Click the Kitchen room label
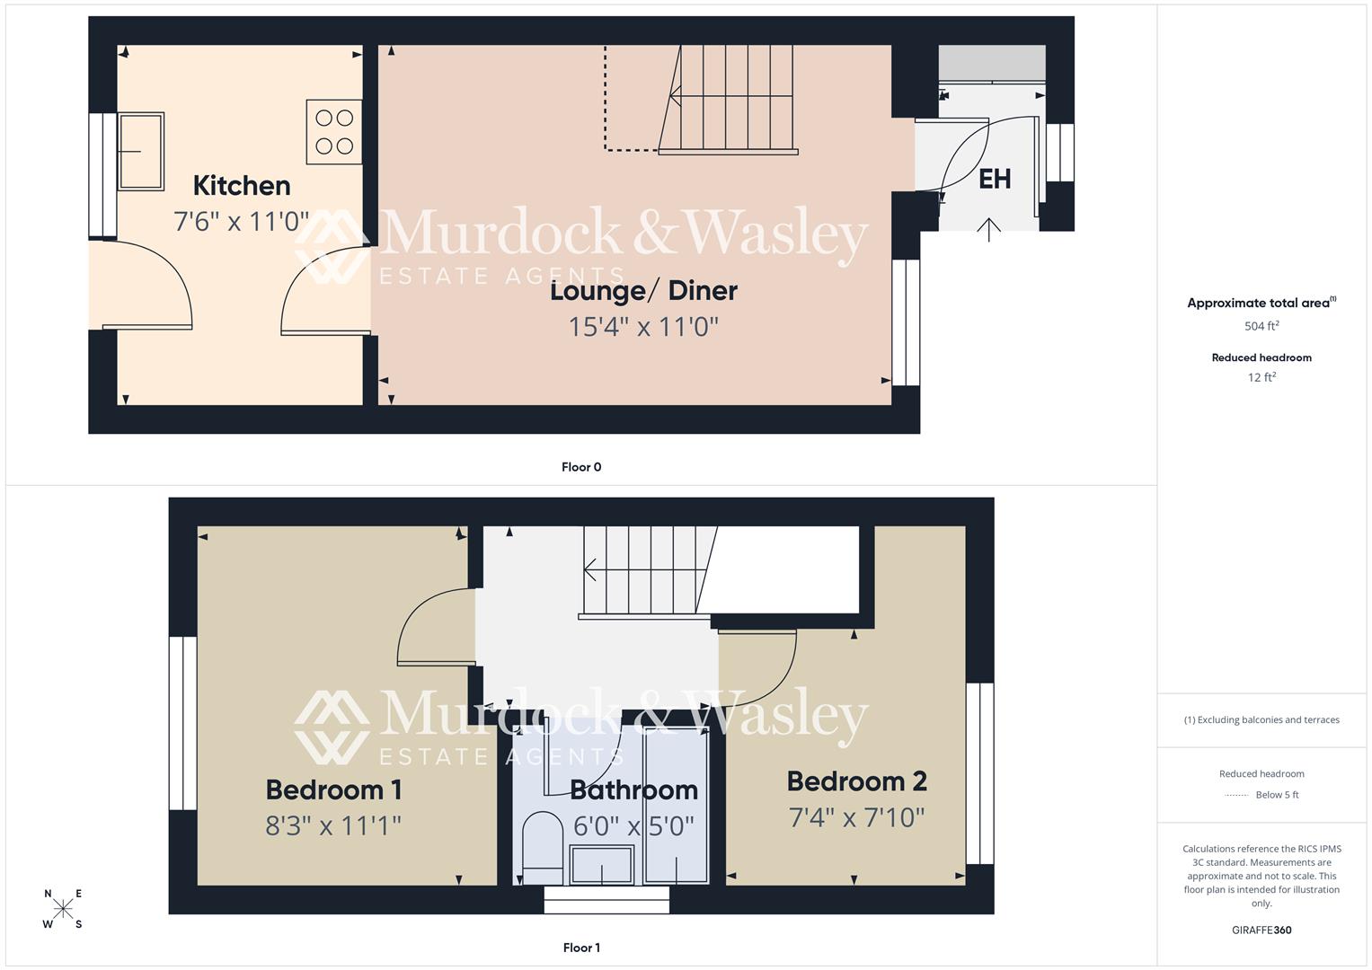click(242, 186)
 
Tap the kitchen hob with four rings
click(334, 132)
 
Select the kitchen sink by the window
click(141, 151)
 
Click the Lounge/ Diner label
click(643, 291)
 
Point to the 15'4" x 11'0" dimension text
click(643, 326)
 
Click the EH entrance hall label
click(994, 179)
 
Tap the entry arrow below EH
click(988, 230)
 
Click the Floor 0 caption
click(581, 467)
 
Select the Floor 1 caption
click(581, 948)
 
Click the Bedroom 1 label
click(333, 790)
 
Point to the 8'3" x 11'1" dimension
click(333, 825)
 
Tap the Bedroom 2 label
click(856, 781)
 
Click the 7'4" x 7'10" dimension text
click(856, 817)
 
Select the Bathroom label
click(633, 790)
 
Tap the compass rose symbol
click(63, 909)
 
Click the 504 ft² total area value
click(1261, 326)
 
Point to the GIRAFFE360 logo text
click(1261, 930)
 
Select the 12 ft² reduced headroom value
click(1261, 377)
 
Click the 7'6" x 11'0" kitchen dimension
click(241, 221)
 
